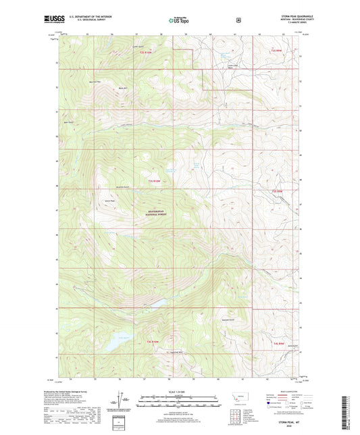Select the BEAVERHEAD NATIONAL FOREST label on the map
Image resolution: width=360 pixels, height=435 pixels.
click(156, 212)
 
